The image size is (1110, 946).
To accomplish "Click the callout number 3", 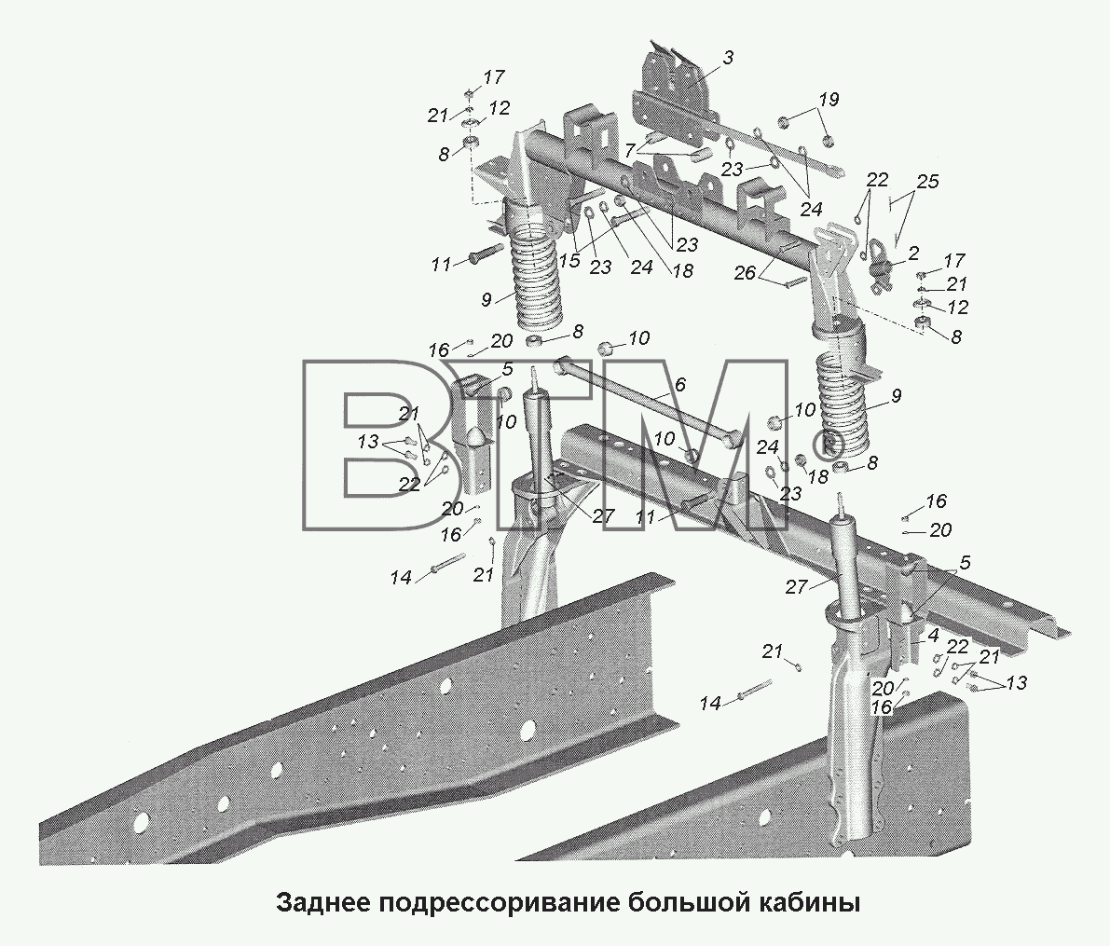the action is [x=728, y=58].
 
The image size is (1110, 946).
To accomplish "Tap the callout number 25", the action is [x=926, y=181].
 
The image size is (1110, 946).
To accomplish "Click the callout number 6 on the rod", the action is [x=679, y=385].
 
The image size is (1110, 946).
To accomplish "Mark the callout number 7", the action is [x=628, y=150].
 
